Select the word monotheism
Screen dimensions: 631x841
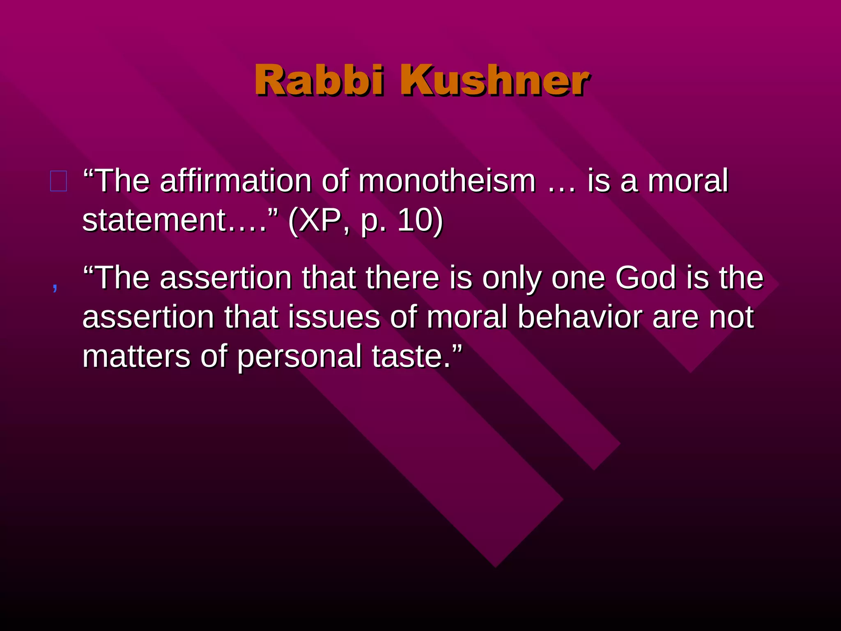447,181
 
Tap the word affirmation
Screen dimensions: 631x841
236,181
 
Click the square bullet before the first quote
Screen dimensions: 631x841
58,181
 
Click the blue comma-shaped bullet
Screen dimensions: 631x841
55,286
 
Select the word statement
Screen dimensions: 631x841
154,220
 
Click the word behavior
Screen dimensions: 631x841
579,317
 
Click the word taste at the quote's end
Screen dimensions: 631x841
411,357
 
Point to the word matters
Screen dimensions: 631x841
136,357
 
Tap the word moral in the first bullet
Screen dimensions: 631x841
688,181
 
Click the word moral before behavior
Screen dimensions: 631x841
467,317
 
